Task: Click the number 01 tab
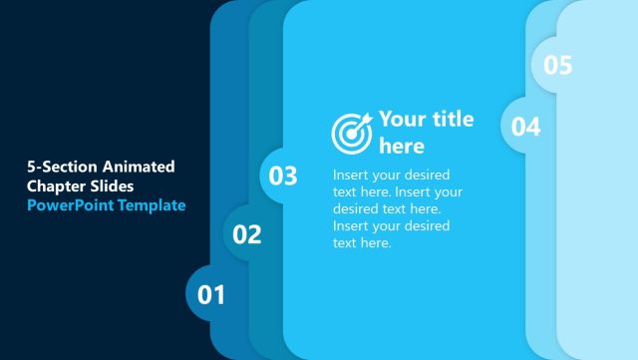pyautogui.click(x=211, y=294)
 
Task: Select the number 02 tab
pyautogui.click(x=247, y=234)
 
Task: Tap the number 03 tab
pyautogui.click(x=284, y=176)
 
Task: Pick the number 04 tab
pyautogui.click(x=526, y=126)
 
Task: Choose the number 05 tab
pyautogui.click(x=558, y=65)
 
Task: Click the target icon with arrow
pyautogui.click(x=351, y=131)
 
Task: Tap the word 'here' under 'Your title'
pyautogui.click(x=402, y=147)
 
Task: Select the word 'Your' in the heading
pyautogui.click(x=402, y=120)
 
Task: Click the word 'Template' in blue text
pyautogui.click(x=152, y=205)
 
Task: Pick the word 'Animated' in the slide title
pyautogui.click(x=139, y=166)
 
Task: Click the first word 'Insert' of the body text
pyautogui.click(x=353, y=175)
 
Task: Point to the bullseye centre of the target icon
pyautogui.click(x=349, y=133)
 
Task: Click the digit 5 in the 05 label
pyautogui.click(x=565, y=65)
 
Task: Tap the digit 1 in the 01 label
pyautogui.click(x=218, y=294)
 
